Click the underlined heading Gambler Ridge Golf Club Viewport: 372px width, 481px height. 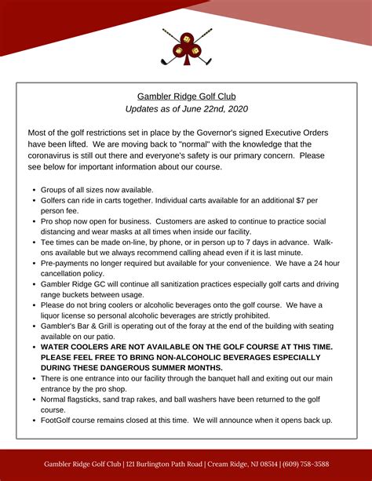click(x=186, y=96)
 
